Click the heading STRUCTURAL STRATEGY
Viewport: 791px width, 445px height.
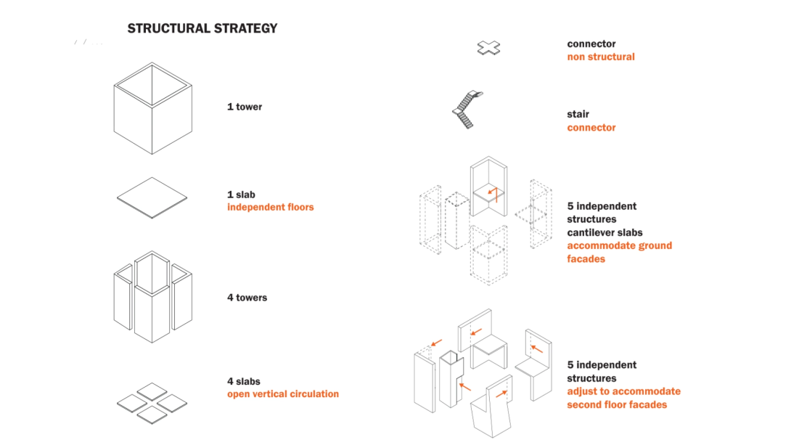point(202,29)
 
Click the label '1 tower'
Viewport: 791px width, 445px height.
point(245,107)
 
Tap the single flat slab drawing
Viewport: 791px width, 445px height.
point(152,197)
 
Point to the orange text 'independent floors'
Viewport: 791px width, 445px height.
point(270,208)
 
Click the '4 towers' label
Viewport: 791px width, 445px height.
point(247,298)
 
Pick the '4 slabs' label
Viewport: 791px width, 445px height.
point(243,381)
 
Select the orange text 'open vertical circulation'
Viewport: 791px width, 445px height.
point(282,394)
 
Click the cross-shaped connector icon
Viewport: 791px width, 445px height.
point(489,49)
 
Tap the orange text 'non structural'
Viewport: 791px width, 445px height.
point(600,57)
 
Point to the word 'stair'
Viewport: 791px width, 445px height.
point(578,114)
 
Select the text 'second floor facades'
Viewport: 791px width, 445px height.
point(616,404)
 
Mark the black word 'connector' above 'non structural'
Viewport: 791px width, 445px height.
point(591,44)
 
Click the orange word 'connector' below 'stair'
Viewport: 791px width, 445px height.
point(591,128)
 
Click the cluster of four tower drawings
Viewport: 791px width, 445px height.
point(152,296)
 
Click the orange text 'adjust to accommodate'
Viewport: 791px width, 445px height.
point(623,391)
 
